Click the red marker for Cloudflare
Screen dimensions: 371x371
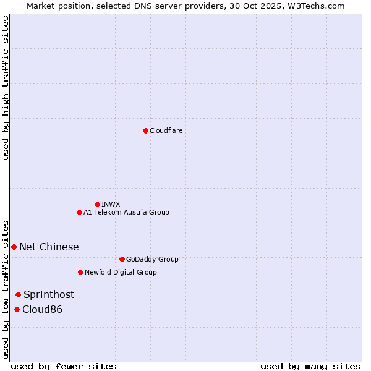pyautogui.click(x=145, y=130)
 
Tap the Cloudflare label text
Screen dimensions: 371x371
pyautogui.click(x=166, y=130)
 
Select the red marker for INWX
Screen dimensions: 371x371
pyautogui.click(x=97, y=204)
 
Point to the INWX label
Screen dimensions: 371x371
pyautogui.click(x=111, y=204)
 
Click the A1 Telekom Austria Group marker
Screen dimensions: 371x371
pyautogui.click(x=79, y=212)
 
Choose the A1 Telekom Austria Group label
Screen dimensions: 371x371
pyautogui.click(x=126, y=212)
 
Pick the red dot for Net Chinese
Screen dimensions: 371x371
pyautogui.click(x=14, y=247)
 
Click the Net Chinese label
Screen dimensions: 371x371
pyautogui.click(x=49, y=247)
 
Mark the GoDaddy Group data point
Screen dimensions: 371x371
pyautogui.click(x=122, y=259)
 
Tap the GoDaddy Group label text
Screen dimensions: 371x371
pyautogui.click(x=151, y=259)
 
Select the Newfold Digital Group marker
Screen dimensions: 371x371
pyautogui.click(x=80, y=272)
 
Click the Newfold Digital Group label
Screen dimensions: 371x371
pyautogui.click(x=121, y=272)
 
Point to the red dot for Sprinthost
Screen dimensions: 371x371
pyautogui.click(x=18, y=294)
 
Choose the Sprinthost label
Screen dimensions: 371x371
pyautogui.click(x=49, y=295)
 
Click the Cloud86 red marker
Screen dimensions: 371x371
pyautogui.click(x=17, y=309)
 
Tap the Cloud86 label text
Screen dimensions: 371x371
pyautogui.click(x=42, y=310)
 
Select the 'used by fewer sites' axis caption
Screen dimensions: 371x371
pyautogui.click(x=64, y=366)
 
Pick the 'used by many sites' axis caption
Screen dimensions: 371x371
pyautogui.click(x=310, y=366)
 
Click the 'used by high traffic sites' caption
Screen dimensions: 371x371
pyautogui.click(x=6, y=88)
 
